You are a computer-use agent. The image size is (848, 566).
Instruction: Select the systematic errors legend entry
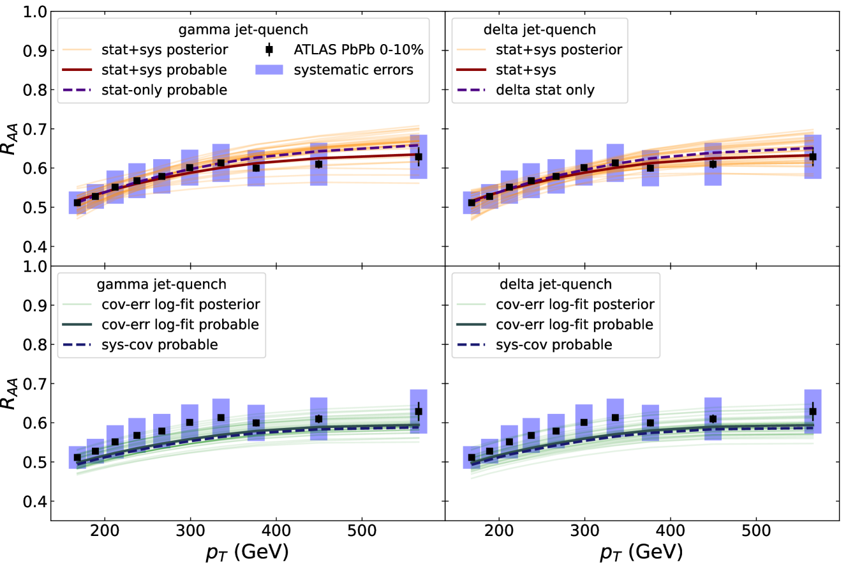click(x=353, y=70)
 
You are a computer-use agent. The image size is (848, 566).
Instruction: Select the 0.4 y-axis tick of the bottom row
click(x=36, y=502)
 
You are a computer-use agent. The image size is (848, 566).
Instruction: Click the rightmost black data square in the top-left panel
click(x=419, y=157)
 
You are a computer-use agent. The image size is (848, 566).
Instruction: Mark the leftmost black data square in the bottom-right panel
click(x=472, y=457)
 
